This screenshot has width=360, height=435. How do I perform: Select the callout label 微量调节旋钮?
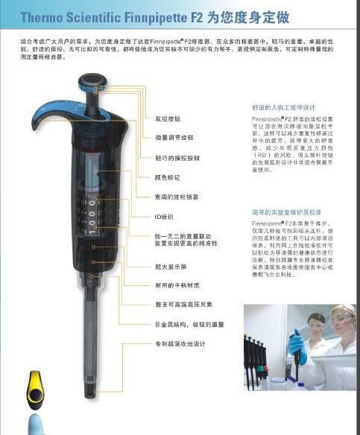tap(174, 138)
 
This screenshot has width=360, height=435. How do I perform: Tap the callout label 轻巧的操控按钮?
tap(177, 158)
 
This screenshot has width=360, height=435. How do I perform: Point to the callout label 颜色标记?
tap(166, 177)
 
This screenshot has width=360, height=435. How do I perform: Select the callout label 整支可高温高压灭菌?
tap(183, 304)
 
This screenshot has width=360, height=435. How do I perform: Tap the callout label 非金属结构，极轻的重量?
tap(189, 324)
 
